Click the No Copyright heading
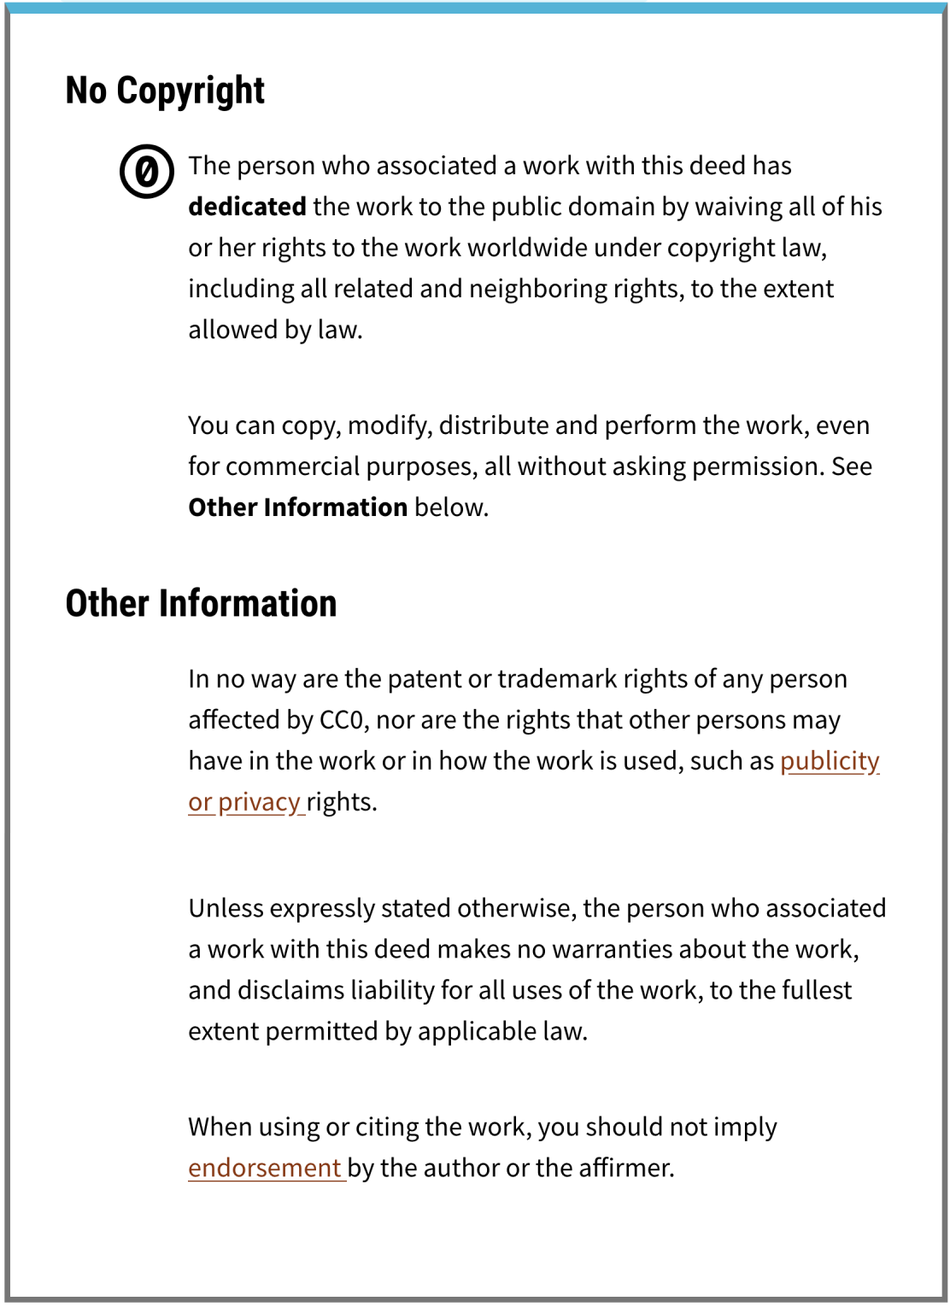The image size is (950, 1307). coord(165,91)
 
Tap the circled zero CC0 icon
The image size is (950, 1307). coord(147,172)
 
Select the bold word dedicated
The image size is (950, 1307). coord(247,207)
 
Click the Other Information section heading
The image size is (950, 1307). coord(201,603)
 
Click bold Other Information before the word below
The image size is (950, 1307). coord(297,507)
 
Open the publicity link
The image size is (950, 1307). coord(829,760)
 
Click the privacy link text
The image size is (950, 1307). coord(258,802)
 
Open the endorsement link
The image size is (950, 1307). coord(264,1168)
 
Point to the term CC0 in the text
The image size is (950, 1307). coord(343,720)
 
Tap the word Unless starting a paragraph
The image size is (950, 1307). coord(226,908)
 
